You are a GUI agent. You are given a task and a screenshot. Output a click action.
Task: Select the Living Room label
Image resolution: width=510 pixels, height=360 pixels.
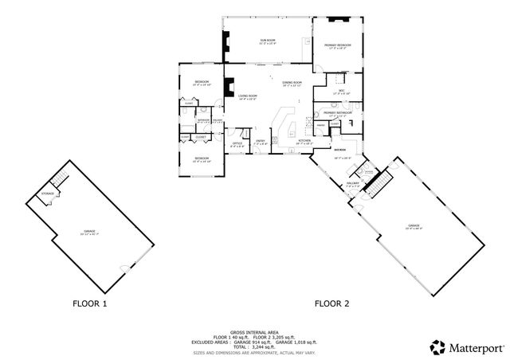pos(248,97)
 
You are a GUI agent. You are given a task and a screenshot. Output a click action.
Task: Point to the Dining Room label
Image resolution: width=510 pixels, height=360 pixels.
pos(292,84)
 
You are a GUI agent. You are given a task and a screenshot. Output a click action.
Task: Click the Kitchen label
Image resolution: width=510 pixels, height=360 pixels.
pos(304,142)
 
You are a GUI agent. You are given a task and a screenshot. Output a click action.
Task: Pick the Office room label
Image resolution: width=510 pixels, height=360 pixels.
pos(237,144)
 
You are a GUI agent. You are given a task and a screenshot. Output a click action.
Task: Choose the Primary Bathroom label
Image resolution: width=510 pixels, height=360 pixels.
pos(337,114)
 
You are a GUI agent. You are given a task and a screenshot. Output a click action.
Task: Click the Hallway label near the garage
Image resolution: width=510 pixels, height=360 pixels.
pos(353,185)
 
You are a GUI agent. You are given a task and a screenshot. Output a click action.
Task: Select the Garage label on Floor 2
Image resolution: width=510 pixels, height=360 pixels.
pos(414,228)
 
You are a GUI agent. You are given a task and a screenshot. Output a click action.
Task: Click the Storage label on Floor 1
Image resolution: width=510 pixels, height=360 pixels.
pos(48,194)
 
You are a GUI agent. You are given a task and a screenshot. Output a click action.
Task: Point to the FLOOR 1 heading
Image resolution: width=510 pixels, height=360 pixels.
pos(89,303)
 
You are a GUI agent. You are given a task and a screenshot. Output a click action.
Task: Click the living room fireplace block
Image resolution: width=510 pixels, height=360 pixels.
pos(229,84)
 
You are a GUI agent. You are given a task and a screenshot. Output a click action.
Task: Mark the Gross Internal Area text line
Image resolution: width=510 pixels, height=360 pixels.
pos(253,331)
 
